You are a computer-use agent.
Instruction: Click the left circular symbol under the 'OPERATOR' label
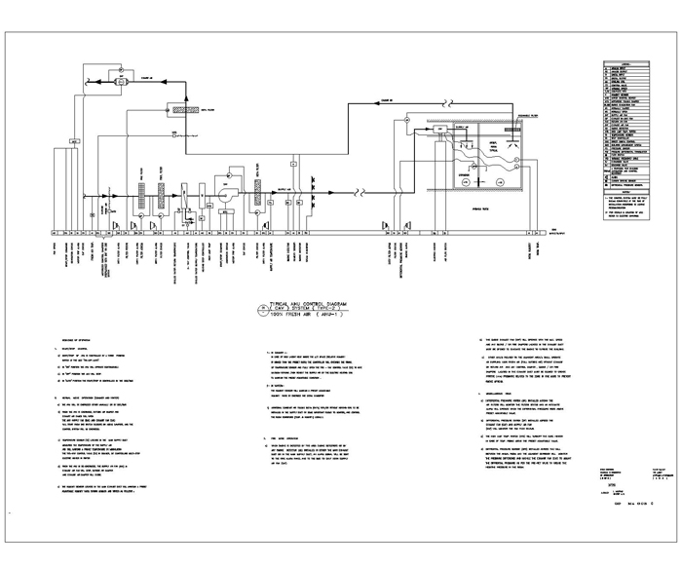pyautogui.click(x=466, y=182)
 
